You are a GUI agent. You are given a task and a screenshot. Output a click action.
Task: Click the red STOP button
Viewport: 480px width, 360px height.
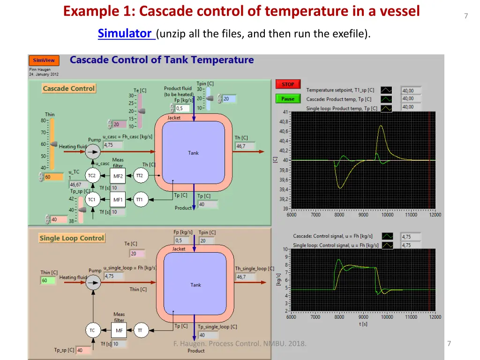288,84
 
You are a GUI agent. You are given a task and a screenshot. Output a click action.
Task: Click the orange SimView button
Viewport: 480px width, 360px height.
44,60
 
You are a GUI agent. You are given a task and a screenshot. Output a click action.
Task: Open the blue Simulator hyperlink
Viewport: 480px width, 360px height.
126,34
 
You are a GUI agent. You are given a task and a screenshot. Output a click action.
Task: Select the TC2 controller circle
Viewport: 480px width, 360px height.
92,176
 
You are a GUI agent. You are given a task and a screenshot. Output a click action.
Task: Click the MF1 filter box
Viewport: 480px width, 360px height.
118,200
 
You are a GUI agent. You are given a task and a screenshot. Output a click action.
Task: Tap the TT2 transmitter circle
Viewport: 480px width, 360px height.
139,176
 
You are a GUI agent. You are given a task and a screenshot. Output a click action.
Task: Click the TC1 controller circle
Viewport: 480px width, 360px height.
92,200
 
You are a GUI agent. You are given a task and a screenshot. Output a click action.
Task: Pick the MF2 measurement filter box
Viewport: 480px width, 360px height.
118,176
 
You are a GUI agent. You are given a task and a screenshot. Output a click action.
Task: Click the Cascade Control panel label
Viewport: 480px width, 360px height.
69,88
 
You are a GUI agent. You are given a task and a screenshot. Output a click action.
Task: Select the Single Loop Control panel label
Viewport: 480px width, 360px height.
72,238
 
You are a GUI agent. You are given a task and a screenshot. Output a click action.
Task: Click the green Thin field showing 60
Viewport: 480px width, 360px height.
47,280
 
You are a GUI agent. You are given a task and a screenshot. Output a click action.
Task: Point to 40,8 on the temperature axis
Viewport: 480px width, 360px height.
284,121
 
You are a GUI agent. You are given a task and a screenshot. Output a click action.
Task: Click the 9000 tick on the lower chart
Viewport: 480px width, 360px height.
363,317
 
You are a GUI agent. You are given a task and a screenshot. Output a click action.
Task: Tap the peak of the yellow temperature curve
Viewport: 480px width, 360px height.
381,126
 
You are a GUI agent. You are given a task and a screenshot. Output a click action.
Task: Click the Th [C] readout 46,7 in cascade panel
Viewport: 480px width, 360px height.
245,146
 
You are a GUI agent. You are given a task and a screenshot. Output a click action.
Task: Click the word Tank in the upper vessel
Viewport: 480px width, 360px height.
194,153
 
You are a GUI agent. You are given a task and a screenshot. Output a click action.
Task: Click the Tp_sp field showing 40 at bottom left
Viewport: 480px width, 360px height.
83,350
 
